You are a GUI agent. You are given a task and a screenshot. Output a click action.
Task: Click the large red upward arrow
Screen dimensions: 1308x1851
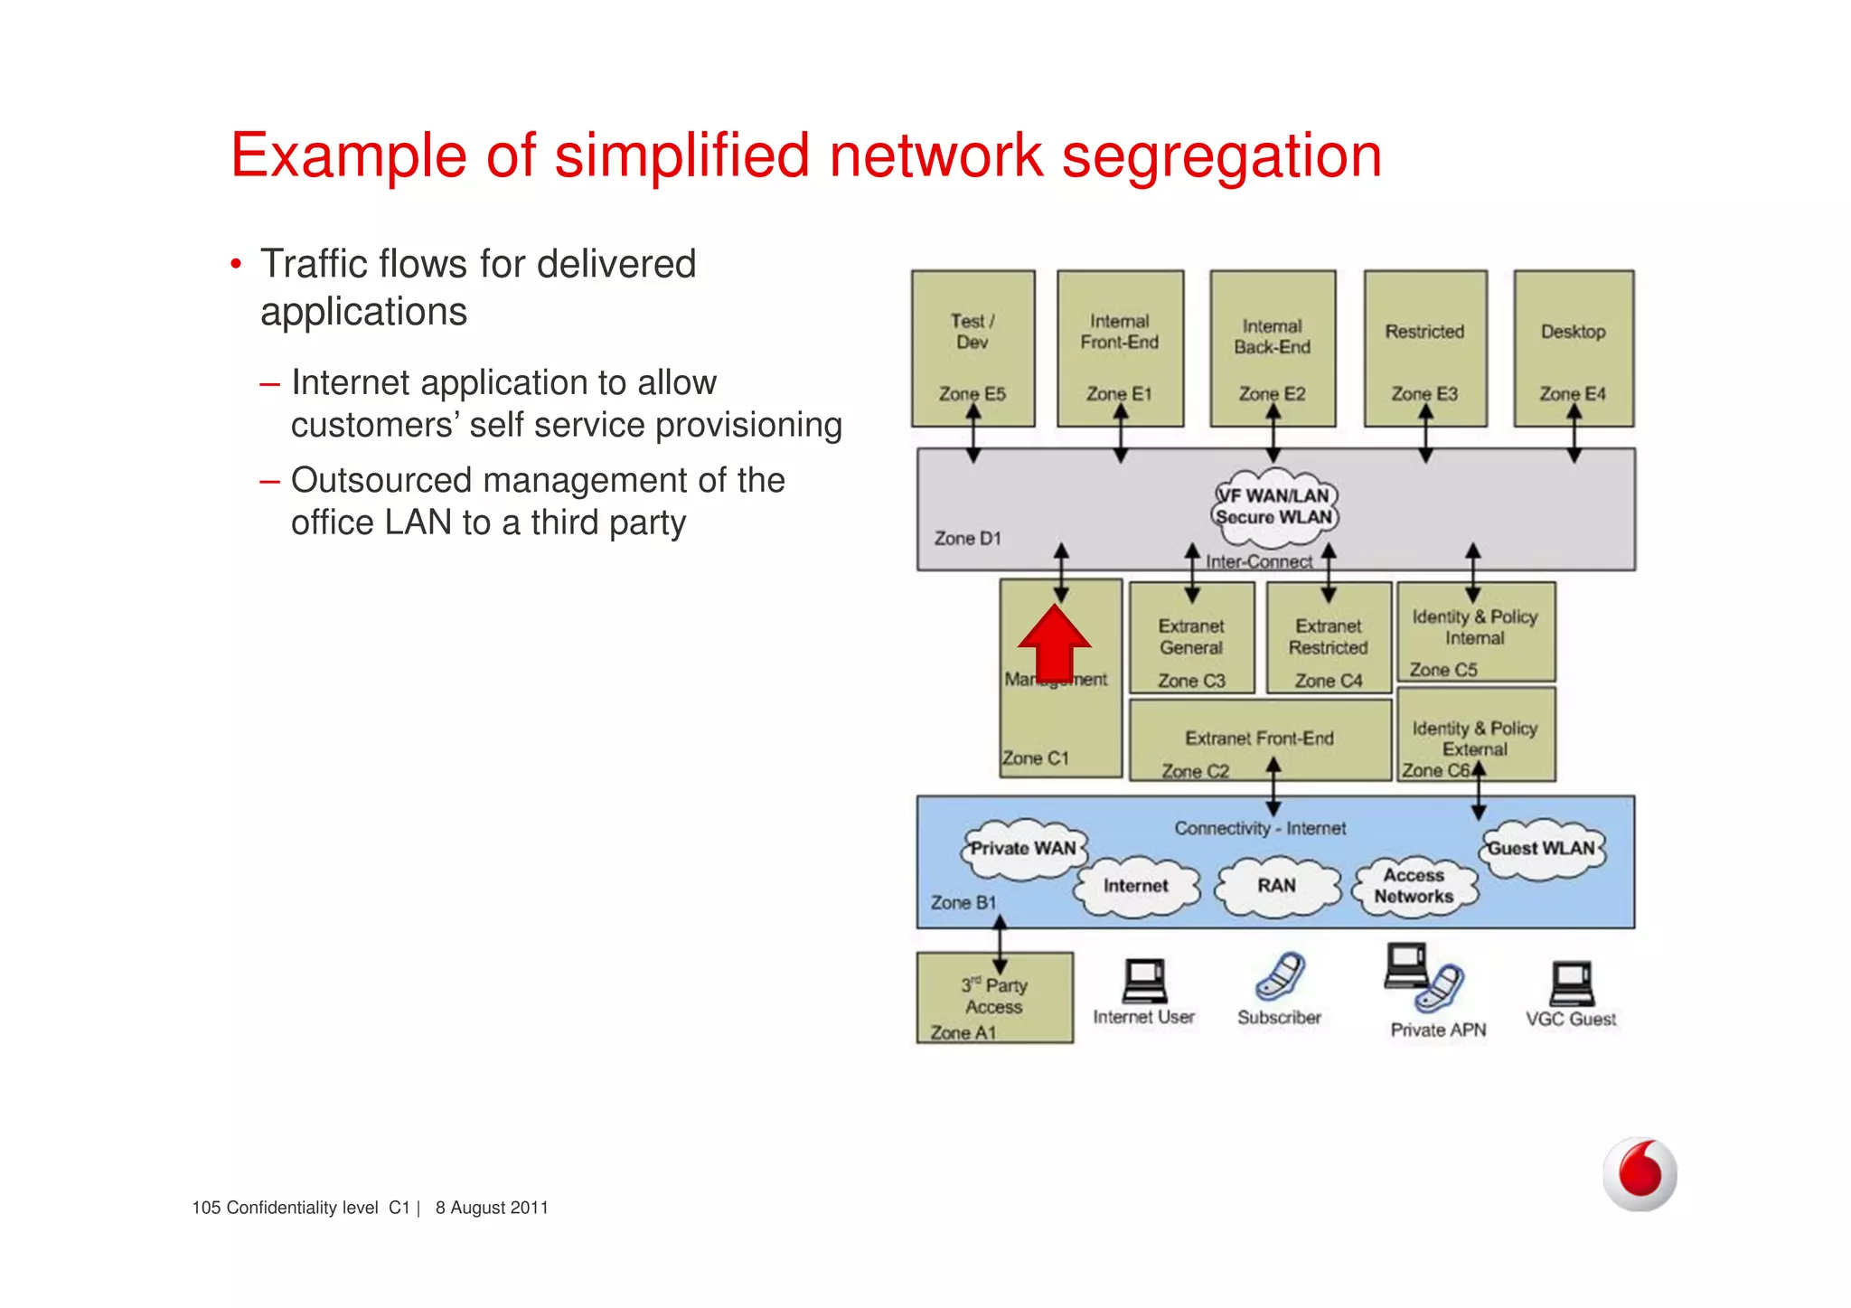1054,644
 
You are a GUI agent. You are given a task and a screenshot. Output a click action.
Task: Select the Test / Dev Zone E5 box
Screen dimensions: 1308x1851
972,348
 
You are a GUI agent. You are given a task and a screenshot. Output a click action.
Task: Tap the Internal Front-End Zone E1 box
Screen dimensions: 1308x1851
1120,348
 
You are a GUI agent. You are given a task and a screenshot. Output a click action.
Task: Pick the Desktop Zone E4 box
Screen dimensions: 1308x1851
1574,348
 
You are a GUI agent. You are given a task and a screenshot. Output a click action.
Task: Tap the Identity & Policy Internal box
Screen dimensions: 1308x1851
1476,631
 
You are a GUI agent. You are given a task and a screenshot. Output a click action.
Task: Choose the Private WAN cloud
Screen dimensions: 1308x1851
1022,850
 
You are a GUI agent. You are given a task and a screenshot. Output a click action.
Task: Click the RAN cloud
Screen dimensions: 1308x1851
1276,887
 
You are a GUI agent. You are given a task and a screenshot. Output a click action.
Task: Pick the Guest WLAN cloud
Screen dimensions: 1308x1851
1541,850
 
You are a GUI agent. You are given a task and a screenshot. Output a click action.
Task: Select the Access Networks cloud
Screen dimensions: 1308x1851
1414,887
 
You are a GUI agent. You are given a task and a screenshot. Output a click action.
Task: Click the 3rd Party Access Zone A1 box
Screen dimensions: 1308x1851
994,998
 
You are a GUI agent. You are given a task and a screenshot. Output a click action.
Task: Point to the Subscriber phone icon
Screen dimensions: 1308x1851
1280,976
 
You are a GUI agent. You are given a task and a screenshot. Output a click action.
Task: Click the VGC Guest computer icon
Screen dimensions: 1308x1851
1572,984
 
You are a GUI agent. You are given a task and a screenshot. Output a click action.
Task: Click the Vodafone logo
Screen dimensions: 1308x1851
1640,1174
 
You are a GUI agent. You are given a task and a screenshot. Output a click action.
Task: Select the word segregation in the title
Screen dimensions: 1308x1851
1221,156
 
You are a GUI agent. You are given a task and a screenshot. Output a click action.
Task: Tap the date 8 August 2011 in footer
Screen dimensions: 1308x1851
492,1209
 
